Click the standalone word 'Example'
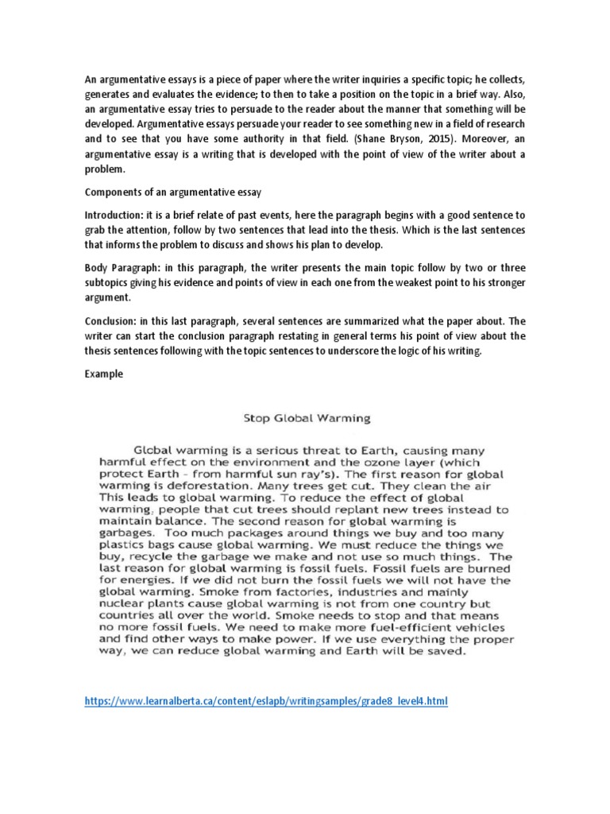[103, 374]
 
